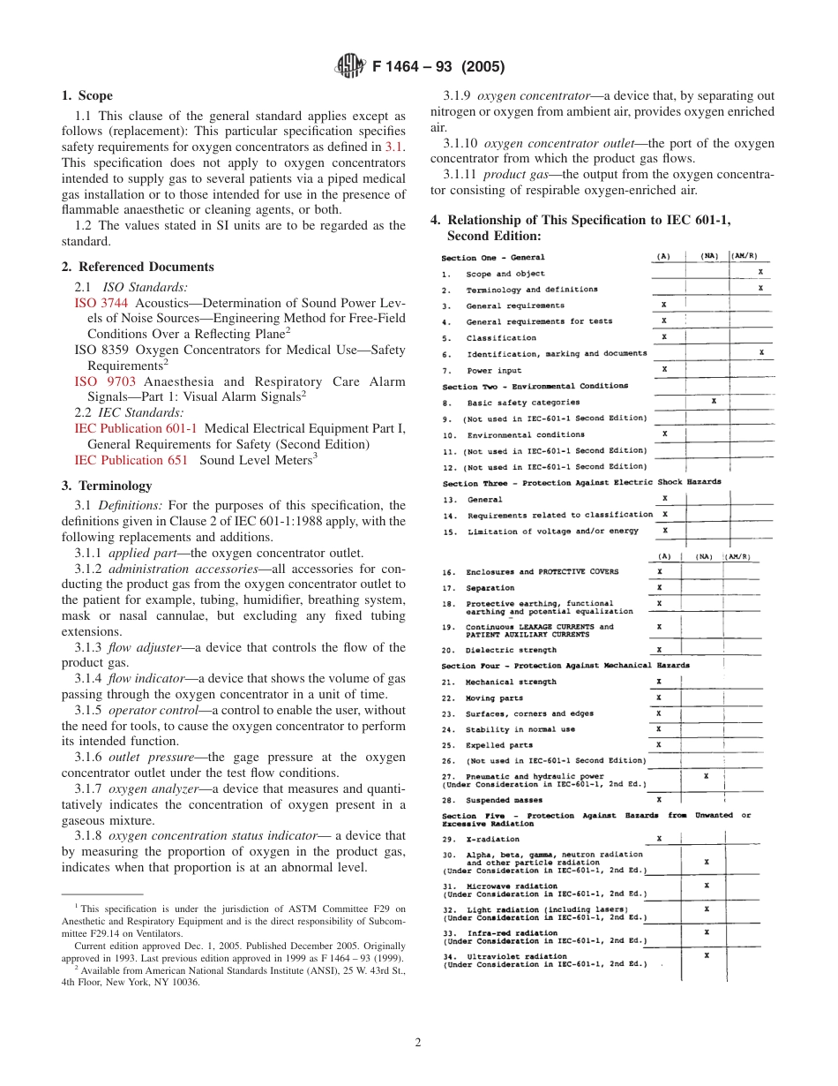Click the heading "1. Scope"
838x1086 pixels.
pyautogui.click(x=87, y=95)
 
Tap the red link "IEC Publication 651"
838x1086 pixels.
pyautogui.click(x=131, y=460)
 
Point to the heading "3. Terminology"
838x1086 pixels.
pyautogui.click(x=106, y=486)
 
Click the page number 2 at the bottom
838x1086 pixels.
pyautogui.click(x=418, y=1042)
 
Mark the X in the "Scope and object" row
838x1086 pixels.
pyautogui.click(x=760, y=273)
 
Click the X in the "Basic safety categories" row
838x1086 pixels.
pyautogui.click(x=713, y=402)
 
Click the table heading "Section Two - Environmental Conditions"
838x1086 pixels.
pyautogui.click(x=535, y=386)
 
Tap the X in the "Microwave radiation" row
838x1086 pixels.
pyautogui.click(x=707, y=885)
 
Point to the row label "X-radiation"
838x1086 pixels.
pyautogui.click(x=492, y=839)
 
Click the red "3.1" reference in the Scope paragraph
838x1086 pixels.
pyautogui.click(x=395, y=147)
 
